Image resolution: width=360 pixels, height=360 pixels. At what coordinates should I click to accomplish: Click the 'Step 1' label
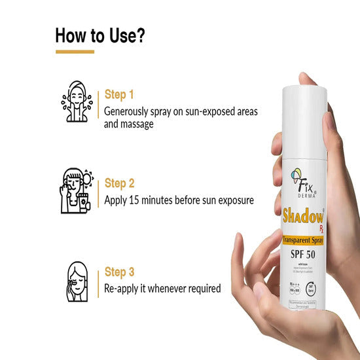119,95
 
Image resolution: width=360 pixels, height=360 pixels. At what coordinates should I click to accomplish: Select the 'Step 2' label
120,183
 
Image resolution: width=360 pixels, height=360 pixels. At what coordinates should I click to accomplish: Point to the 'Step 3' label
120,271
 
